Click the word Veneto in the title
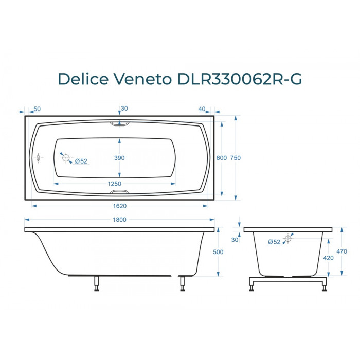tap(142, 79)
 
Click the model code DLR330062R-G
tap(240, 79)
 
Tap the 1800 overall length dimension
tap(119, 220)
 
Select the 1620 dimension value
tap(120, 206)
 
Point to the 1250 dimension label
tap(114, 184)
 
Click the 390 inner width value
tap(119, 158)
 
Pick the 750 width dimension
tap(236, 158)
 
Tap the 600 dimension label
tap(222, 158)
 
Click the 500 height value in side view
tap(218, 252)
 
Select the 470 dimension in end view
tap(341, 251)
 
